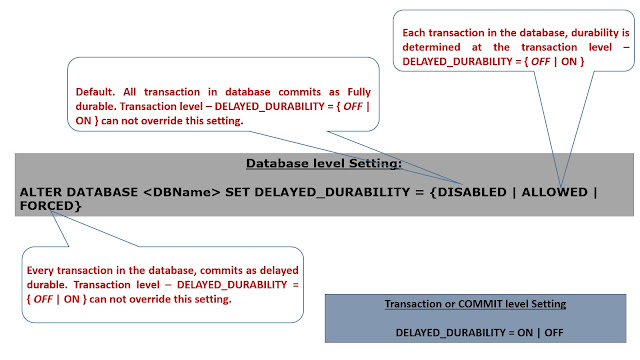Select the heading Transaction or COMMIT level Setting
coord(475,303)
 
